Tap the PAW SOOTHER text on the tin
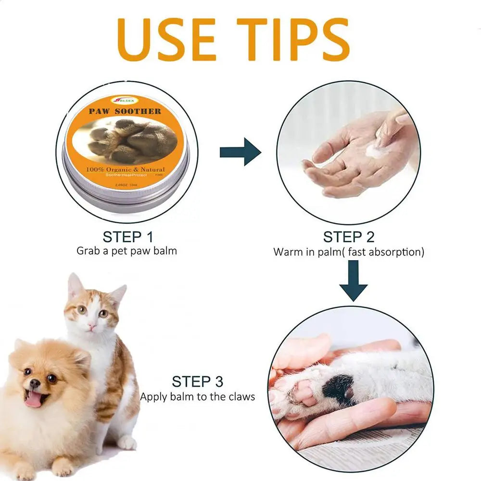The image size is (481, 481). coord(125,111)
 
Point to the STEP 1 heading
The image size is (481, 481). coord(127,237)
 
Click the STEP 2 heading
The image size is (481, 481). coord(349,237)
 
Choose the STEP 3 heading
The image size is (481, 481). coord(198,382)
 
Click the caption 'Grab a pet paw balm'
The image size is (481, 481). coord(127,251)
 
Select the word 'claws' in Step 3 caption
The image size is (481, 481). coord(242,397)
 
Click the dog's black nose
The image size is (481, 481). coord(35,383)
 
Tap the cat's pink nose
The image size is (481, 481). coord(91,327)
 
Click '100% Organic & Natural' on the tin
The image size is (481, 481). coord(126,169)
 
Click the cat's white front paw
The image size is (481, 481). coord(127,442)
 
